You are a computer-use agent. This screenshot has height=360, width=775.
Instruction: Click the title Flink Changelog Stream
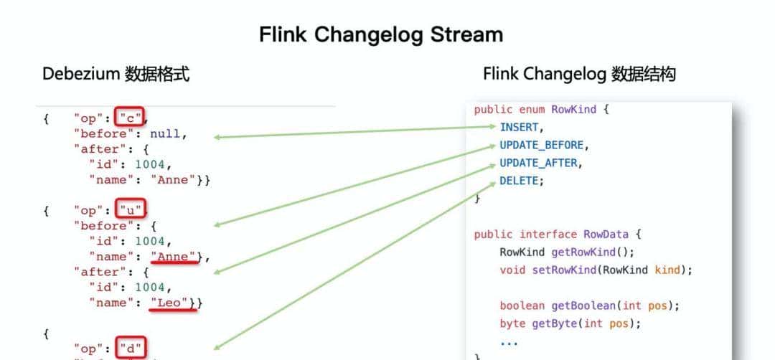(x=381, y=34)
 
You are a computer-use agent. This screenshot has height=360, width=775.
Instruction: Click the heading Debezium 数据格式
(x=116, y=74)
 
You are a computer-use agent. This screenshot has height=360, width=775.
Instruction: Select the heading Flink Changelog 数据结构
(x=578, y=74)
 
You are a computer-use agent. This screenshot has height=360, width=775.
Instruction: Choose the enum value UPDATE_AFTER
(x=539, y=163)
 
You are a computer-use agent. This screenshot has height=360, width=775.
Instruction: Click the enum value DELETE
(x=521, y=181)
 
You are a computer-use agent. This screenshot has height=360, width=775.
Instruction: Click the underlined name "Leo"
(x=173, y=303)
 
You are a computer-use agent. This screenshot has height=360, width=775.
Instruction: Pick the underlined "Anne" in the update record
(x=173, y=257)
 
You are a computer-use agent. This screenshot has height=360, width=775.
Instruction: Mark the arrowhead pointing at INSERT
(x=489, y=128)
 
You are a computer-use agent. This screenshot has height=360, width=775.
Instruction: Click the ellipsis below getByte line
(x=509, y=342)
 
